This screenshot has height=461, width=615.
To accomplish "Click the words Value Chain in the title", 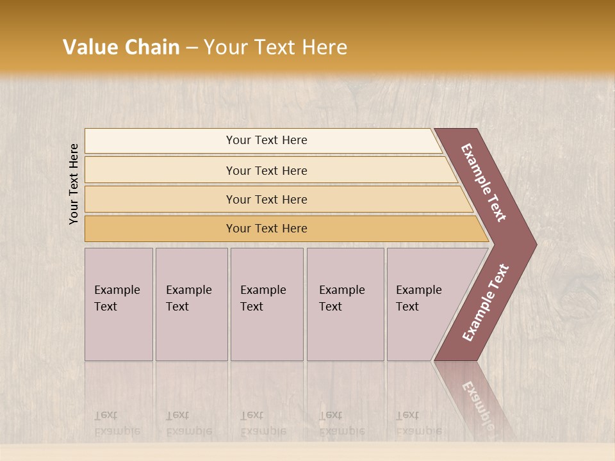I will (x=121, y=47).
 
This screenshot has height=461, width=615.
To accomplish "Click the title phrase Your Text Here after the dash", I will (x=275, y=47).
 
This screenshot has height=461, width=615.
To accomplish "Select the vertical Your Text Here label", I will (x=74, y=184).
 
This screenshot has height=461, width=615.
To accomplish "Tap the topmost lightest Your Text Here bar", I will (x=266, y=140).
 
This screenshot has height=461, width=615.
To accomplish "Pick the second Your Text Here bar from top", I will (x=266, y=170).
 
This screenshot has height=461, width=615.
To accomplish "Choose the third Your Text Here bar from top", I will (x=266, y=199).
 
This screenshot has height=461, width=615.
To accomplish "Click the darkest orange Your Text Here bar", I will (x=266, y=229).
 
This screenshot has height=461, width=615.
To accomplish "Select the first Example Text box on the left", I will (x=119, y=303).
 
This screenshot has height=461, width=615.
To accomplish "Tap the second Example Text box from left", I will (x=191, y=303).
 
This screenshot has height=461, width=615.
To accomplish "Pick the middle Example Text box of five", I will (x=266, y=303).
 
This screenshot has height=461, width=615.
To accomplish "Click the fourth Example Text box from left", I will (x=345, y=303).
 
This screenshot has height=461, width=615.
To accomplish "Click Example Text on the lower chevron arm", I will (x=486, y=303).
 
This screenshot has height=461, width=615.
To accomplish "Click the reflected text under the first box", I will (x=117, y=423).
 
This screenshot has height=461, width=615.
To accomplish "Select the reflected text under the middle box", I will (x=263, y=423).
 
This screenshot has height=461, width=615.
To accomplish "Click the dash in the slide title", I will (x=192, y=47).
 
